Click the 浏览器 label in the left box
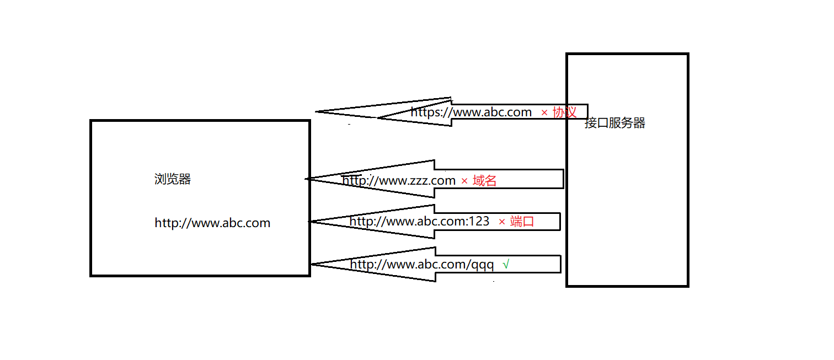[x=173, y=179]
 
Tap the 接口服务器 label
[x=615, y=123]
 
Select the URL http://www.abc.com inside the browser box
[x=212, y=223]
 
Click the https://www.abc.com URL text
[x=471, y=112]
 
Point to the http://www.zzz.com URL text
[x=399, y=180]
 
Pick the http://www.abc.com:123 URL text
[x=419, y=222]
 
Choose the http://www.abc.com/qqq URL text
[x=422, y=265]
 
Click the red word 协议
[x=565, y=112]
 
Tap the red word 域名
[x=485, y=180]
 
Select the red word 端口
[x=522, y=222]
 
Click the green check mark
[x=506, y=265]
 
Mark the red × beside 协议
[x=544, y=112]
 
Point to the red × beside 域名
[x=464, y=181]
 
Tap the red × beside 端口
[x=502, y=222]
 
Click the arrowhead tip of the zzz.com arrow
[x=307, y=179]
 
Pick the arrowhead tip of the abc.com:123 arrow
[x=310, y=222]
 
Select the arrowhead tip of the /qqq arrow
[x=312, y=264]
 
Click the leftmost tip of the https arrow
[x=317, y=112]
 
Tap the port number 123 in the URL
[x=479, y=222]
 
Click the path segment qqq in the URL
[x=483, y=265]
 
